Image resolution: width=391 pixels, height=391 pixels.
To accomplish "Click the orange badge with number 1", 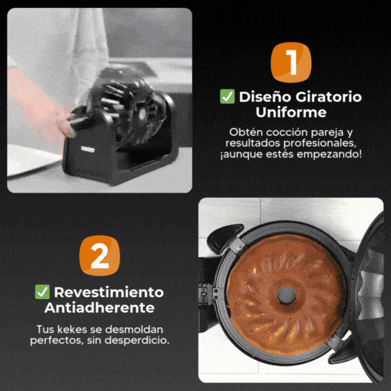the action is click(291, 63).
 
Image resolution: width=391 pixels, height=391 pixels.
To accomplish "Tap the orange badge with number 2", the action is click(99, 256).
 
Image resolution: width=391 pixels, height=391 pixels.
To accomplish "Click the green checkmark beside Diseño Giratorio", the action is click(227, 96).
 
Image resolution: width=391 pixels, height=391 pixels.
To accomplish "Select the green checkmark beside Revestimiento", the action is click(42, 292).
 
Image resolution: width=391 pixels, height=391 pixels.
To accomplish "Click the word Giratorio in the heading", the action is click(328, 97).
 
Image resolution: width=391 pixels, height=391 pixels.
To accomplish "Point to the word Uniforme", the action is click(291, 112).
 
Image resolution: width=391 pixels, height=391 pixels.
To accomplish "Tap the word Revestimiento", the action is click(109, 293).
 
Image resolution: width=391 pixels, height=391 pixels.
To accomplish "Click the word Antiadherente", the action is click(99, 308).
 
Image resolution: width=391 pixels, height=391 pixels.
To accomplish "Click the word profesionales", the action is click(319, 143).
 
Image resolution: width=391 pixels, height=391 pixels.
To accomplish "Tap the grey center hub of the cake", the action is click(287, 295).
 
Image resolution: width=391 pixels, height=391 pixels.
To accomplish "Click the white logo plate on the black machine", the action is click(88, 149).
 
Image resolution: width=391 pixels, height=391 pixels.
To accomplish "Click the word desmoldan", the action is click(134, 329).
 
